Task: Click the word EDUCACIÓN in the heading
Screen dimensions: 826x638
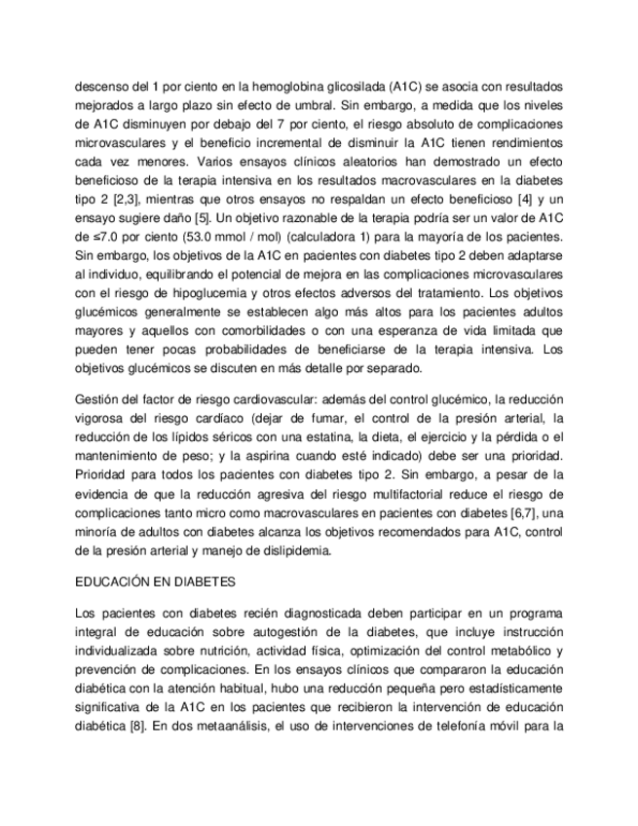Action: pyautogui.click(x=112, y=583)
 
